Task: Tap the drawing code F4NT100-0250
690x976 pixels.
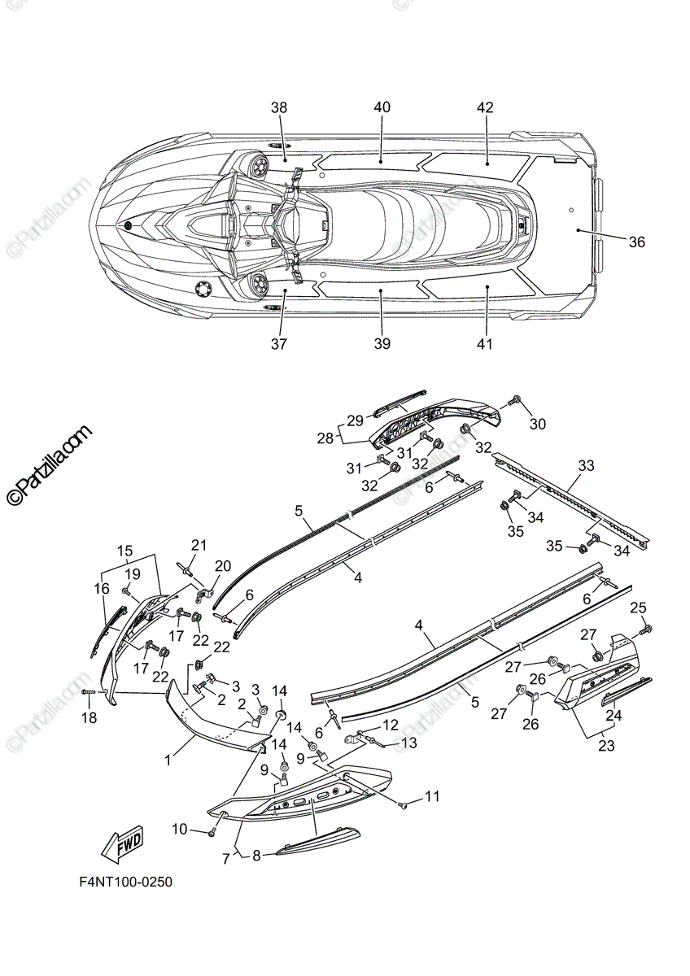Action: click(x=125, y=882)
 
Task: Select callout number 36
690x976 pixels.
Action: click(x=636, y=242)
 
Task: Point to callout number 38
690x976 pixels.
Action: click(x=279, y=108)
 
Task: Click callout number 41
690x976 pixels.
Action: click(x=485, y=344)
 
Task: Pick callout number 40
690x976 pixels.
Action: click(x=382, y=108)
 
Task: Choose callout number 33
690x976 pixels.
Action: click(x=586, y=465)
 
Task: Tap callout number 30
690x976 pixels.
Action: click(x=538, y=424)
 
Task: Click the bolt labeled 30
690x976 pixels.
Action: click(x=514, y=401)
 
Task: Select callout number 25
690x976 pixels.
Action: click(x=638, y=607)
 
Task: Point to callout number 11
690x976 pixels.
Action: click(x=431, y=796)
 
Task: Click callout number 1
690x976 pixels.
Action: click(x=168, y=760)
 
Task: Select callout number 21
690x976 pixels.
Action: click(x=199, y=545)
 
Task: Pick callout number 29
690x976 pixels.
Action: click(x=355, y=420)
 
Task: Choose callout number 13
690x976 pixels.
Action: click(x=409, y=743)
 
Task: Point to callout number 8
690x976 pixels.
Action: click(x=256, y=855)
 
